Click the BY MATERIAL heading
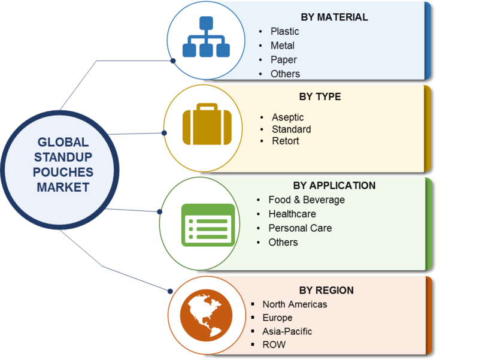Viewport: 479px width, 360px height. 334,17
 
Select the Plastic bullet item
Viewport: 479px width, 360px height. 285,31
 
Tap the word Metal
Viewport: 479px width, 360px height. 283,46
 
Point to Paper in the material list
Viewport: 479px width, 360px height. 284,60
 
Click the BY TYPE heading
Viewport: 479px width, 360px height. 320,96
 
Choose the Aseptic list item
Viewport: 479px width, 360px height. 288,117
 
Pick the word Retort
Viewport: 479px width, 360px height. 286,141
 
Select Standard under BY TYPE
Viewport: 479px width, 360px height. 292,129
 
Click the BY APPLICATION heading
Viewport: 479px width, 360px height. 334,186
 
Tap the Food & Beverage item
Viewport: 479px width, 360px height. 307,199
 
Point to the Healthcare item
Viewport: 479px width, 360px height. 292,214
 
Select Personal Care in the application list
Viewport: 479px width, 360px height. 301,228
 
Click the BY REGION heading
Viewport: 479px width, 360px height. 326,291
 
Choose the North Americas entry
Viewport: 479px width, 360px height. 295,304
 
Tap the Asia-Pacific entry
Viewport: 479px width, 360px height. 287,331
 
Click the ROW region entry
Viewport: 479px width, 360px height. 274,344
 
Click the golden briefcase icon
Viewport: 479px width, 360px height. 207,124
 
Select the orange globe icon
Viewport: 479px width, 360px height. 206,316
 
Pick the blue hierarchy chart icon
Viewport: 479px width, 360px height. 206,37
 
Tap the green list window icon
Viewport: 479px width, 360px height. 208,225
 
